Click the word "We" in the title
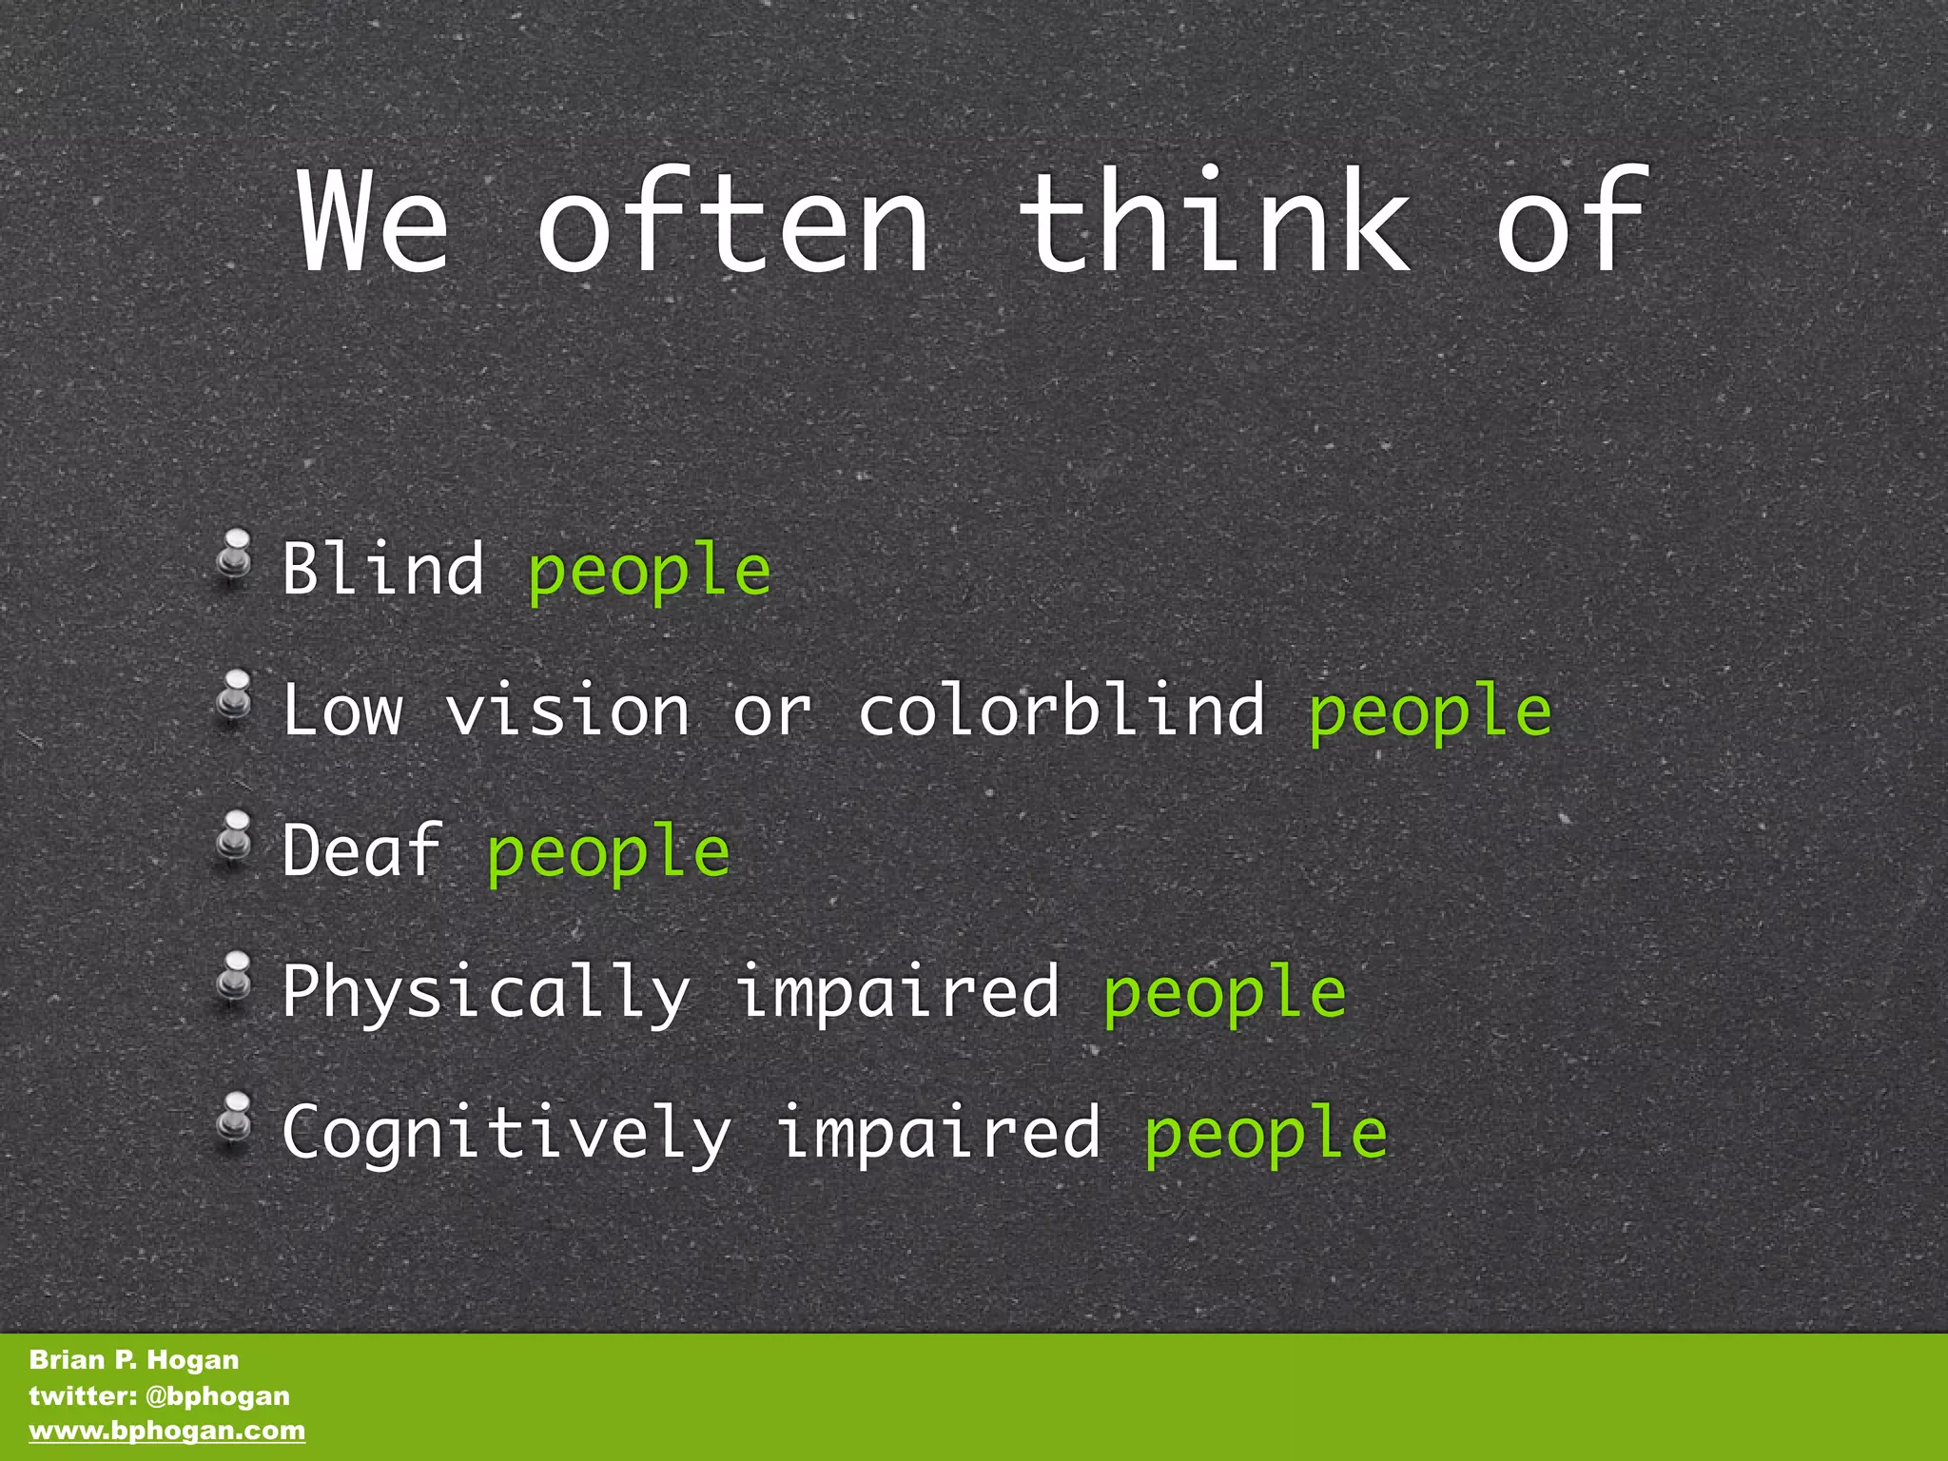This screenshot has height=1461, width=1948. click(373, 223)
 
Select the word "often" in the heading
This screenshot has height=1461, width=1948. click(733, 223)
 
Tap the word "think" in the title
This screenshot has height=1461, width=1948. click(1215, 223)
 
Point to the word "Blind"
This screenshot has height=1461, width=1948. click(383, 569)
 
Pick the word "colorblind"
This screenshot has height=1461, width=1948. click(1062, 710)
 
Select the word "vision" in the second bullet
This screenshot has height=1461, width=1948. click(568, 710)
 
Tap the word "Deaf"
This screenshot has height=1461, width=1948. click(362, 849)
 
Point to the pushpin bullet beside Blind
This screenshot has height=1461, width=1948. click(234, 555)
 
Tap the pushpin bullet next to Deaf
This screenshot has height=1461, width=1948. click(234, 835)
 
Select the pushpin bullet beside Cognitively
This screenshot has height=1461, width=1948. click(234, 1117)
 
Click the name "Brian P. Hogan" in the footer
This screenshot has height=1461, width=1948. click(134, 1359)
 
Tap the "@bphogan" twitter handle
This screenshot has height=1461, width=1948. click(218, 1395)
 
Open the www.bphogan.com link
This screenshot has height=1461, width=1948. click(167, 1431)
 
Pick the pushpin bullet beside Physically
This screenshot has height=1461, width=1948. click(234, 976)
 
